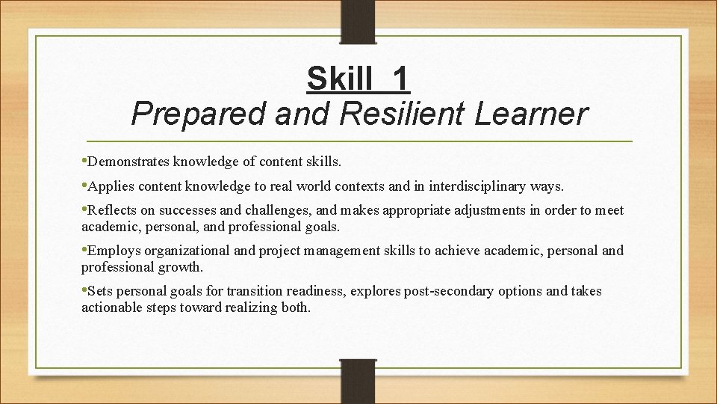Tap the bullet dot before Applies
tap(84, 184)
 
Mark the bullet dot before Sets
tap(84, 290)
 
